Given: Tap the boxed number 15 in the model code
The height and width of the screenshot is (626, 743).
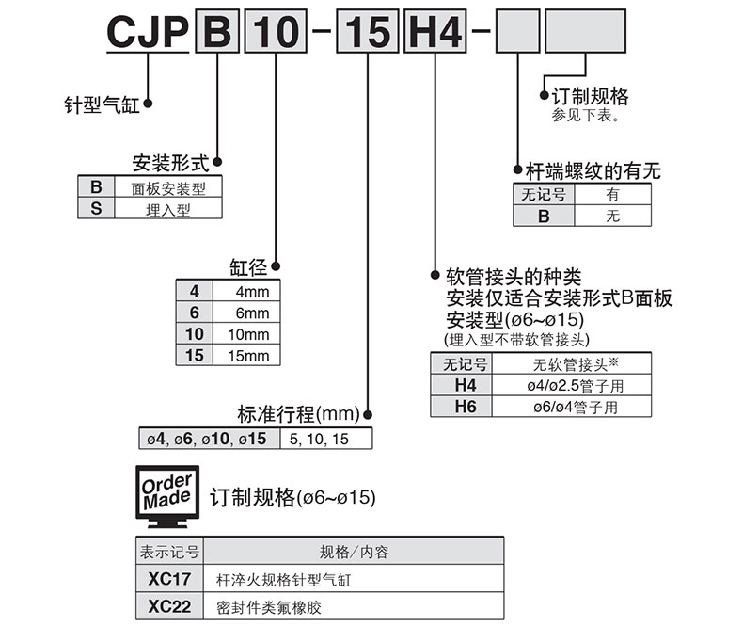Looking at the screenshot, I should click(x=367, y=33).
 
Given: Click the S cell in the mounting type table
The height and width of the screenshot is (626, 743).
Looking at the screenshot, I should click(x=96, y=209).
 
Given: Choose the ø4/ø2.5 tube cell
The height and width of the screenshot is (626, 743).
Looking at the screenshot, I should click(x=577, y=386).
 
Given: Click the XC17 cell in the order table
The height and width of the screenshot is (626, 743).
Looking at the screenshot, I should click(x=169, y=580).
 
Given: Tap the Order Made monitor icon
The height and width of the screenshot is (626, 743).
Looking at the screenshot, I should click(x=167, y=496).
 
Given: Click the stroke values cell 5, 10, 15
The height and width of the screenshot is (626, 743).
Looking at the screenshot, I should click(x=325, y=439).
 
